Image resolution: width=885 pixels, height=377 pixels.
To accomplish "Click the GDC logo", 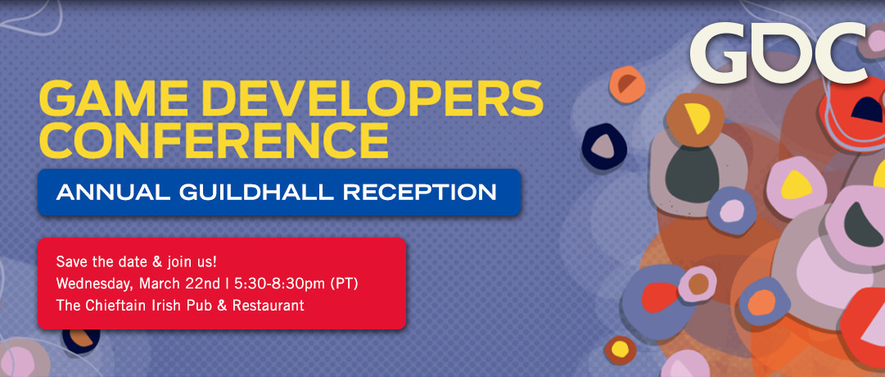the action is (x=779, y=53).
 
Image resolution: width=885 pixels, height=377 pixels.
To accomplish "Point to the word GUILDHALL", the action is (x=256, y=192).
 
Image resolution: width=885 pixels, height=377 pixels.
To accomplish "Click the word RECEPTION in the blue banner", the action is (x=420, y=192).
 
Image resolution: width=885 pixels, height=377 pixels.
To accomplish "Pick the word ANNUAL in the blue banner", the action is (x=113, y=192).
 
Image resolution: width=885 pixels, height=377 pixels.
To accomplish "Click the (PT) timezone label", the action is (x=345, y=284).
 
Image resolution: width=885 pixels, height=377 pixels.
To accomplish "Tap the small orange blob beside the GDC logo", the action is (x=626, y=84).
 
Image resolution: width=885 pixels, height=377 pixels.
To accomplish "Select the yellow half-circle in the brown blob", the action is (x=698, y=117).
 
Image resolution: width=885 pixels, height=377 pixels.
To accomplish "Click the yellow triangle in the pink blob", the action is (x=796, y=184).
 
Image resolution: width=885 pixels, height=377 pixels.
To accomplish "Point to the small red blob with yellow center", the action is (x=621, y=350).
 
